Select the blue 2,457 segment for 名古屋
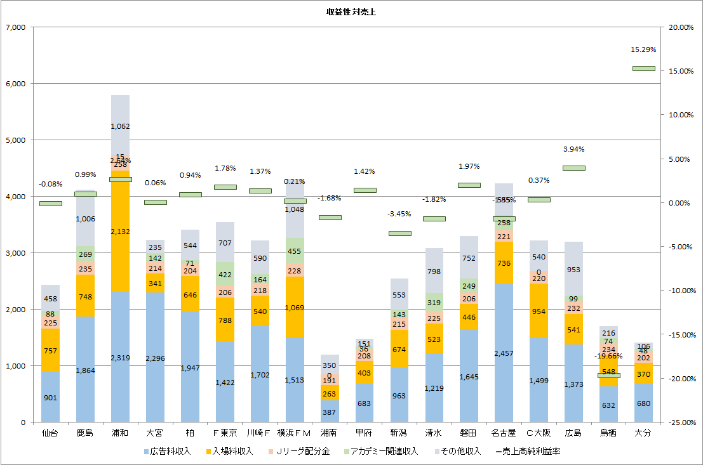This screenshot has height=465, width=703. tap(504, 352)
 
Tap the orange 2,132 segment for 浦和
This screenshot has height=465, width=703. tap(121, 232)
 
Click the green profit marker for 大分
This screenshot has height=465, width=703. tap(643, 69)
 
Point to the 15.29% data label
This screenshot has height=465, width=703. tap(643, 49)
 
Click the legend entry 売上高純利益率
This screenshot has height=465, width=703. tap(529, 451)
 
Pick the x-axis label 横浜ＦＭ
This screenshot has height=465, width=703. tap(295, 433)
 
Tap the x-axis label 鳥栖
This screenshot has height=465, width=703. tap(608, 433)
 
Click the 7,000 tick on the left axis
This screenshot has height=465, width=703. tap(15, 27)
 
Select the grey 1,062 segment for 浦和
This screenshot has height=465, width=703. tap(121, 126)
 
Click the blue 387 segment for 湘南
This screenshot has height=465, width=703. tap(330, 411)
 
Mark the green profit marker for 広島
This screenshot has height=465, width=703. tap(573, 168)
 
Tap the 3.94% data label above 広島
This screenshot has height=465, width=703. tap(573, 149)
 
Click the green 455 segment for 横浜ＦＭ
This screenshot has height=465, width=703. tap(295, 251)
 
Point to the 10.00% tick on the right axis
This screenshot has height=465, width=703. tap(678, 115)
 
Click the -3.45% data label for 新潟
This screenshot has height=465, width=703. tap(399, 214)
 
